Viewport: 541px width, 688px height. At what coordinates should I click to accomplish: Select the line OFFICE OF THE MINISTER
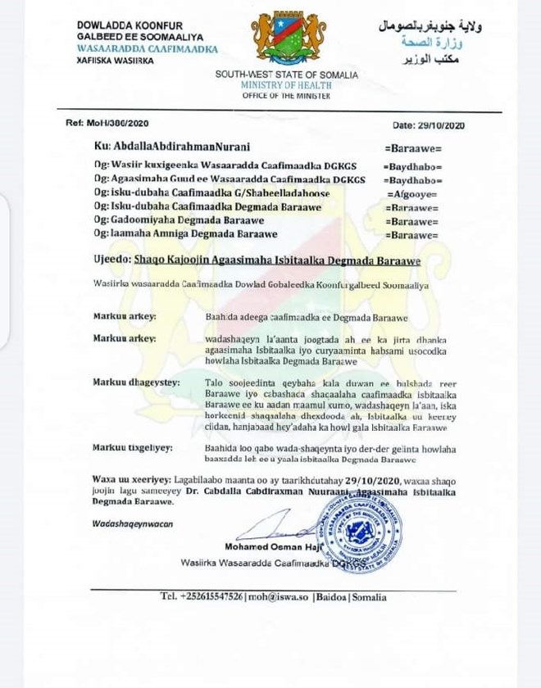(287, 95)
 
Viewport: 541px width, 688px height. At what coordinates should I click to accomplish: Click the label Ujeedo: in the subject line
(116, 260)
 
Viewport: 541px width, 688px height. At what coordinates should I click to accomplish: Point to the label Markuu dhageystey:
(134, 382)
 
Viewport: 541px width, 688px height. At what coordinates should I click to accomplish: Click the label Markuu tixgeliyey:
(132, 447)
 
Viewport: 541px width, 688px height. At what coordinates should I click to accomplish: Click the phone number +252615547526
(212, 597)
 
